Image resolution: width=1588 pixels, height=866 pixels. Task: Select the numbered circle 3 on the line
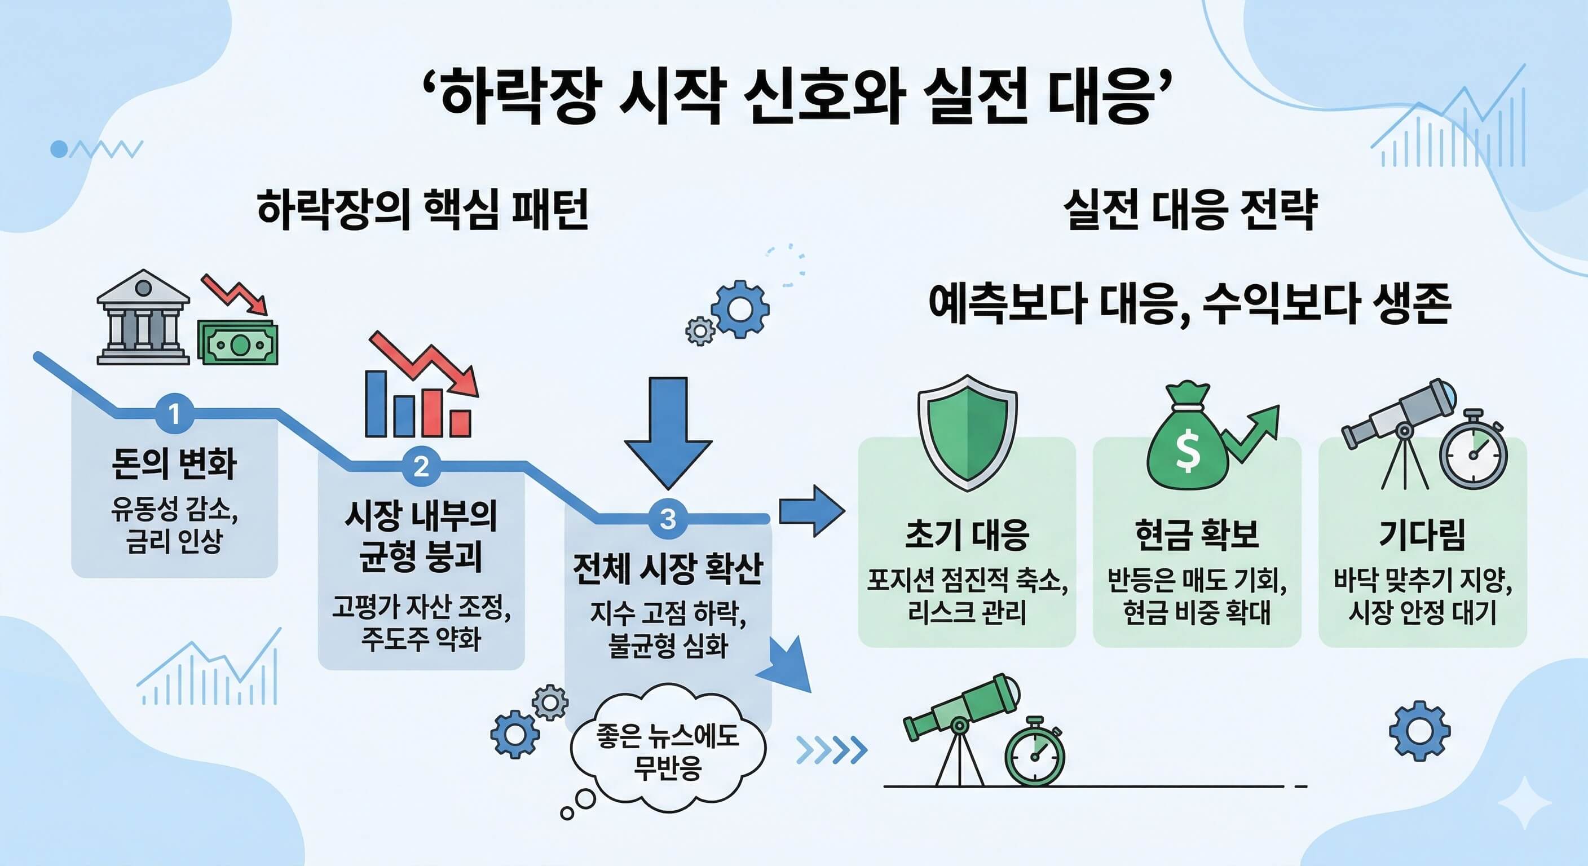(x=668, y=518)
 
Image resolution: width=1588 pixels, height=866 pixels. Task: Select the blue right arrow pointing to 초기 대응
(x=811, y=511)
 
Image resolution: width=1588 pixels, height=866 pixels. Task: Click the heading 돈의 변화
(x=174, y=463)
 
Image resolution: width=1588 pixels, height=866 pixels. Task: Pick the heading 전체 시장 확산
(x=668, y=569)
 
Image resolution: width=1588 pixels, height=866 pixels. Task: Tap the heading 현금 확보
(x=1197, y=534)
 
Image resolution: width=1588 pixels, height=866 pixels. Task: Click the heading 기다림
(x=1422, y=534)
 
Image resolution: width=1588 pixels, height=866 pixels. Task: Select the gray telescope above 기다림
(x=1399, y=418)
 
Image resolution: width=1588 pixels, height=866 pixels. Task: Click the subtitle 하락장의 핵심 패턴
(x=423, y=210)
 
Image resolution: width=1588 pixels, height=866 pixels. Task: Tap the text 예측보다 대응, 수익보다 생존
(x=1190, y=304)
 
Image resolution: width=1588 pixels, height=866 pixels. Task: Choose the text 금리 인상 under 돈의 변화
(x=174, y=542)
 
